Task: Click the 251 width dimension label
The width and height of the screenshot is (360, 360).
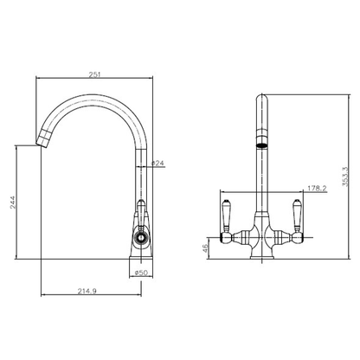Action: [94, 75]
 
